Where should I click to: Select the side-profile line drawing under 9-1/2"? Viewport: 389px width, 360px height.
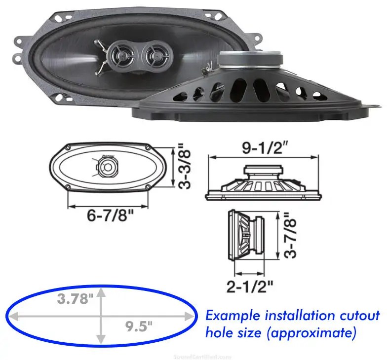pos(262,183)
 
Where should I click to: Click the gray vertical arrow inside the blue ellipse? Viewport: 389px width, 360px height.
pos(102,316)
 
